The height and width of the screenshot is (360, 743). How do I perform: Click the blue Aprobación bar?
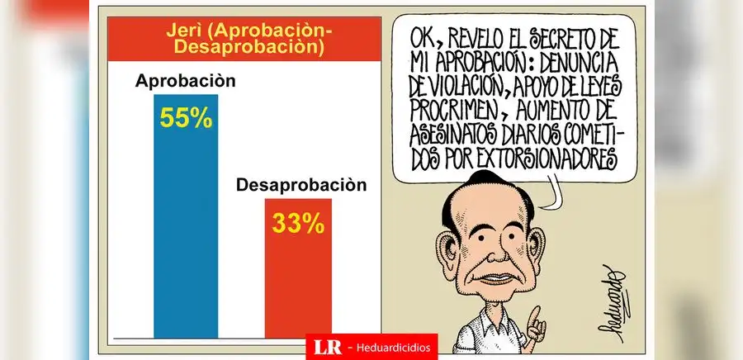[x=186, y=231]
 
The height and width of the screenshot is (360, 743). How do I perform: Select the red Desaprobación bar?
[x=298, y=281]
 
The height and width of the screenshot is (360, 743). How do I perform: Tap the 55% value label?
[x=186, y=117]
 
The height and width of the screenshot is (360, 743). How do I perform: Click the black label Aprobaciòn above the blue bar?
[x=186, y=83]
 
